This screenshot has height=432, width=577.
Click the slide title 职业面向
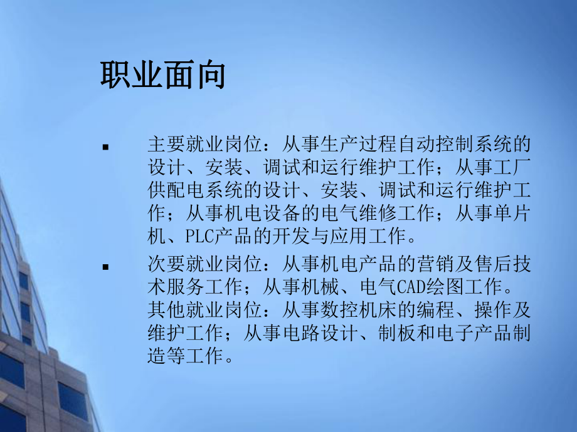162,76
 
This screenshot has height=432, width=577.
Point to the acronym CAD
410,287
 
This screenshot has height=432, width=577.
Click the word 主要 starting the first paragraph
166,145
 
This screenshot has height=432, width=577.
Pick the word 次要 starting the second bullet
166,264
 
